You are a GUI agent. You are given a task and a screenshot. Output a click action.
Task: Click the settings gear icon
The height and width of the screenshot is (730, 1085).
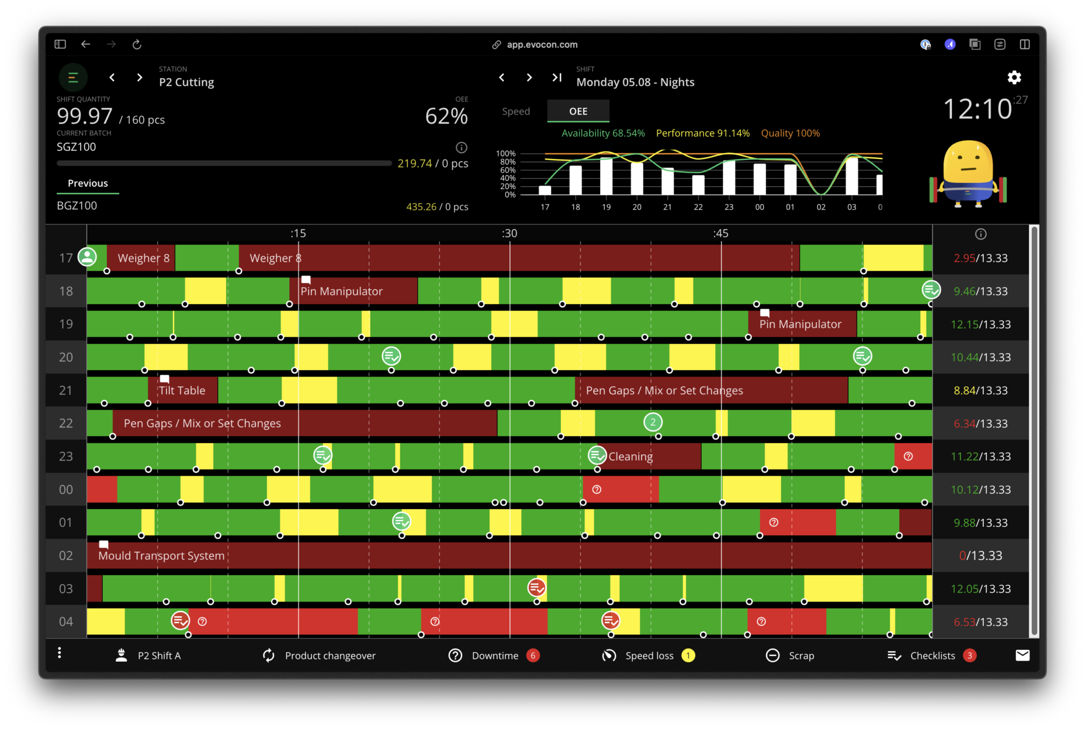pos(1014,77)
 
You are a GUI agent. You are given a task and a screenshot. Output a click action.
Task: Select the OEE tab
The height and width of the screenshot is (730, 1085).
pos(578,111)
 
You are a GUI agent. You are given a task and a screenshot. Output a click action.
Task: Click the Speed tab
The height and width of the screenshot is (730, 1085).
pos(516,111)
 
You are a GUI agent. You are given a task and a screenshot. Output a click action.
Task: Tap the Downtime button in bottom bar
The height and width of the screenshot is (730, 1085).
pos(494,655)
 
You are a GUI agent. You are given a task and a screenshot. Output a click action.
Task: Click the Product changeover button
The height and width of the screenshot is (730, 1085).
pos(319,655)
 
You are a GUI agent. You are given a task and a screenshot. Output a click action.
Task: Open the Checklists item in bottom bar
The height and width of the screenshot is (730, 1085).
pos(931,655)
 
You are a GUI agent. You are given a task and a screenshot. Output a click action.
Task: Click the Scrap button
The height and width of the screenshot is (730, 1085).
pos(790,655)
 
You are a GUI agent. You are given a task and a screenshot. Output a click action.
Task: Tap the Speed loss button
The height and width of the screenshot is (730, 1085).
pos(649,655)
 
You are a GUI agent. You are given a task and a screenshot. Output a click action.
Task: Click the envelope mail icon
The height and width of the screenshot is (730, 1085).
pos(1022,655)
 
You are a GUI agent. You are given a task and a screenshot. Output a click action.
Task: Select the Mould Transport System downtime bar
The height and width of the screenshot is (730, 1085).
pos(508,555)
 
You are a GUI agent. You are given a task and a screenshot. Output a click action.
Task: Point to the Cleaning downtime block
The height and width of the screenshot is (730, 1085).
pos(649,456)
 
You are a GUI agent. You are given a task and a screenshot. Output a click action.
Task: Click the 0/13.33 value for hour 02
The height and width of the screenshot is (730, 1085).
pos(980,555)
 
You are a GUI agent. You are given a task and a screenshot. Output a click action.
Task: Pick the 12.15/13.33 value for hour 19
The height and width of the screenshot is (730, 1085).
pos(980,324)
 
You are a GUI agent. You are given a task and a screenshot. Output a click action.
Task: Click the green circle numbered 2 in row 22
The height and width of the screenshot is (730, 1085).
pos(653,422)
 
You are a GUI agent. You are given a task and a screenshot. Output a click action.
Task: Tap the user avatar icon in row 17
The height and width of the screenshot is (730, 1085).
pos(87,256)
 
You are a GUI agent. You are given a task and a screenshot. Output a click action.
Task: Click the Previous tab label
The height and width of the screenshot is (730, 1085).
pos(88,183)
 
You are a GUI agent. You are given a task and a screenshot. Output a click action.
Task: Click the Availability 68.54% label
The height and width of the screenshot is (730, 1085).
pos(603,133)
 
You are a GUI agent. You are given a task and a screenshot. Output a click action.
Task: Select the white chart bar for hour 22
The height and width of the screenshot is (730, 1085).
pos(698,185)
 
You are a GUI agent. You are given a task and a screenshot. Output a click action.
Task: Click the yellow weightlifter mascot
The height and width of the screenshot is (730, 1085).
pos(968,173)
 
